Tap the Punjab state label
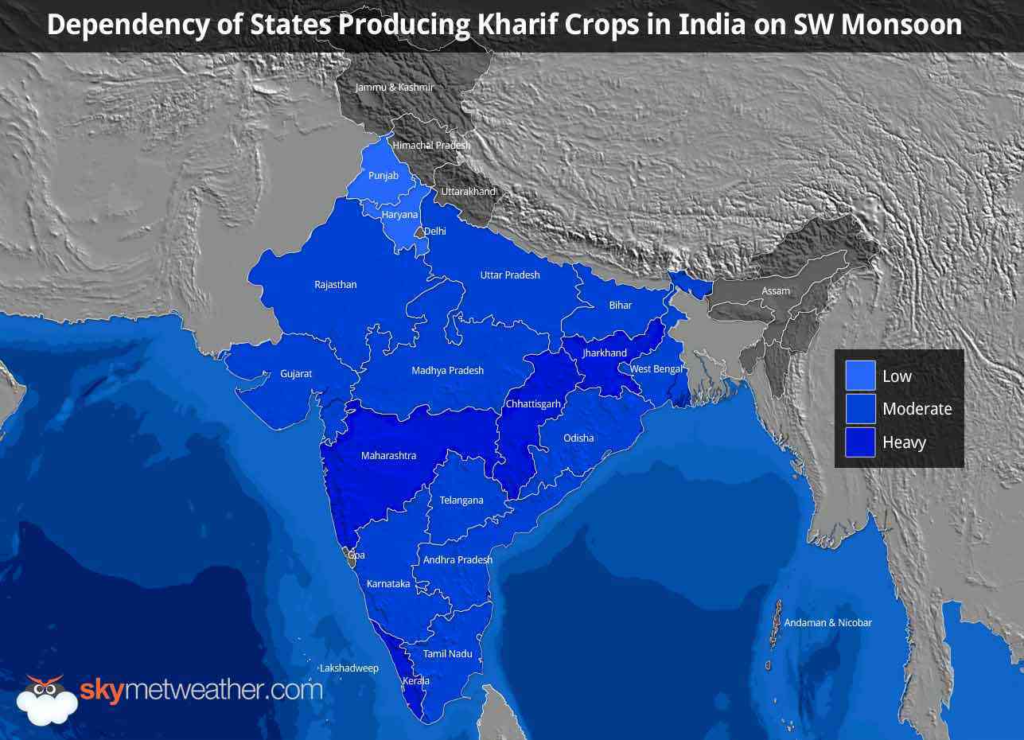[x=384, y=175]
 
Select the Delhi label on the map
[x=434, y=232]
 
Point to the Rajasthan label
[x=336, y=285]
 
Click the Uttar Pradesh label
[x=510, y=275]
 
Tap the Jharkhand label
[x=605, y=352]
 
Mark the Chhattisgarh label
[x=533, y=404]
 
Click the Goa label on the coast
[x=356, y=555]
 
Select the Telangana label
[x=461, y=500]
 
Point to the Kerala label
[x=416, y=681]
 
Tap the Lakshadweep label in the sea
[x=348, y=668]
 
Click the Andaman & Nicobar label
[x=828, y=622]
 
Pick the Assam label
[x=776, y=290]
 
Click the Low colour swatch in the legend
[x=860, y=376]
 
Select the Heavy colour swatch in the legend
[x=860, y=442]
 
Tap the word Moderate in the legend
[x=917, y=409]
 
